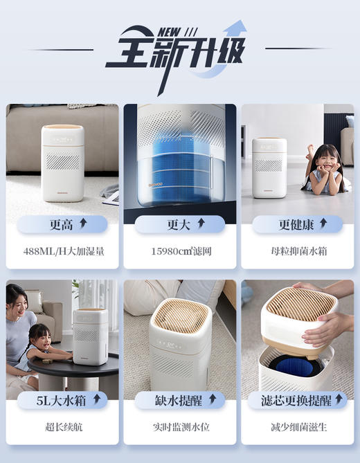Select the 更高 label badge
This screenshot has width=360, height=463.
tap(62, 224)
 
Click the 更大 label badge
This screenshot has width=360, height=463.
tap(180, 224)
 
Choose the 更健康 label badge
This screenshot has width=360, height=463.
tap(298, 224)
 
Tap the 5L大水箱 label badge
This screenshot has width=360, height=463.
tap(62, 400)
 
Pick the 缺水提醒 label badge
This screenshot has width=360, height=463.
tap(180, 400)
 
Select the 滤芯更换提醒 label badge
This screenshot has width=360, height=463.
tap(298, 400)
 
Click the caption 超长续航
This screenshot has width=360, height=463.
tap(63, 427)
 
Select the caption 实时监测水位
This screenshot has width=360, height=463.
tap(180, 427)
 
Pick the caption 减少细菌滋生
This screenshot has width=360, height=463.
tap(298, 427)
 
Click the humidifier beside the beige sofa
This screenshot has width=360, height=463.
tap(62, 162)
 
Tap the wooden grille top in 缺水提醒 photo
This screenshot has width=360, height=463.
tap(180, 315)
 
